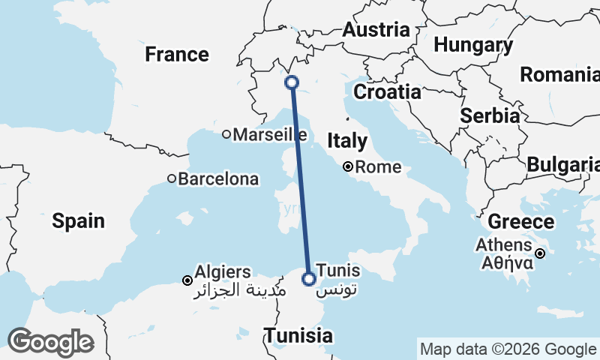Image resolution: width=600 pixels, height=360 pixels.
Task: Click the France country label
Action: (177, 54)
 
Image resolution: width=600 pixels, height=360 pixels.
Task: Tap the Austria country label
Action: (376, 30)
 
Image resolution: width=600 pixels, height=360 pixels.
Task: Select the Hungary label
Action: (473, 45)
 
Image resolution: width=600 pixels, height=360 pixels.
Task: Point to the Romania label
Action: (559, 75)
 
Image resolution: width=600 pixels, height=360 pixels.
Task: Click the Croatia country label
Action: (387, 92)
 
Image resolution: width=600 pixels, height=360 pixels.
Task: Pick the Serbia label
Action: (490, 116)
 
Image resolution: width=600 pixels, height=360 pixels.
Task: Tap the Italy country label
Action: (347, 140)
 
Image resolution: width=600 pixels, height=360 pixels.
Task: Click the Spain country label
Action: (78, 220)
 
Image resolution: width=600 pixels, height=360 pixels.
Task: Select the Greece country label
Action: (520, 222)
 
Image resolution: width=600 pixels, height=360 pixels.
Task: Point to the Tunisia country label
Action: (298, 334)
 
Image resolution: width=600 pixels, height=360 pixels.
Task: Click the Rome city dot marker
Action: (349, 167)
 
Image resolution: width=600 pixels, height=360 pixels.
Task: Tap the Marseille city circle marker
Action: (226, 135)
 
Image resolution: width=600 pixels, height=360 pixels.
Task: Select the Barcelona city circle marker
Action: (172, 179)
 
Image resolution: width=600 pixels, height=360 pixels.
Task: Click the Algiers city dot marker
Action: (187, 280)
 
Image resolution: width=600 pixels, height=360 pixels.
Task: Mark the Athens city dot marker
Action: (539, 253)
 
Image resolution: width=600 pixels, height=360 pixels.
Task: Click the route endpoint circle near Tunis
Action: (308, 279)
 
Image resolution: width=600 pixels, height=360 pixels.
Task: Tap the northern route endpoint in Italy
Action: (292, 82)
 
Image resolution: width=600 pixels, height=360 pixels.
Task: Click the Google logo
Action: (51, 342)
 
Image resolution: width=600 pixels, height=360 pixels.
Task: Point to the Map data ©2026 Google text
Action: (507, 349)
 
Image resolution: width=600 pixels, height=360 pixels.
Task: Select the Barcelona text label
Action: (218, 179)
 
